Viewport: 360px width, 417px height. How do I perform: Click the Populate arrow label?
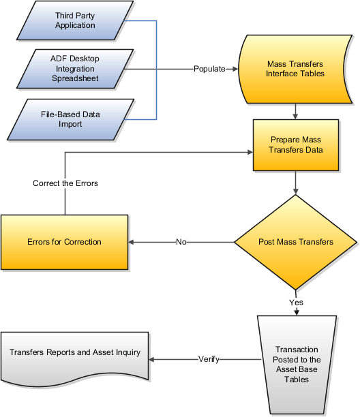[210, 69]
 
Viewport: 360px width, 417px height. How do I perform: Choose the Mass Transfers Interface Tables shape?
[295, 69]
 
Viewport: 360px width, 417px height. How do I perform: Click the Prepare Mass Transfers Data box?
[296, 144]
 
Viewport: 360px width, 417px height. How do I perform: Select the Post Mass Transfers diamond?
[296, 242]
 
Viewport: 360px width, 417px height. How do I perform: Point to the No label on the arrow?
[181, 242]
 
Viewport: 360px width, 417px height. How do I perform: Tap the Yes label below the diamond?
[296, 302]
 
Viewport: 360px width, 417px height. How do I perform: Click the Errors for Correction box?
[64, 242]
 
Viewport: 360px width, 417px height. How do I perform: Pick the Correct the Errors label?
[65, 183]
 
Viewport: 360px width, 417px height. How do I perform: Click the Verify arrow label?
[209, 359]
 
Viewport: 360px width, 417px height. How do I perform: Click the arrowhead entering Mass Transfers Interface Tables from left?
[234, 69]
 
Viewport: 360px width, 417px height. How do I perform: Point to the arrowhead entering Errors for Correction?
[132, 242]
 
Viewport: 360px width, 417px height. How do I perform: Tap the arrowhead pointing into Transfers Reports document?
[153, 359]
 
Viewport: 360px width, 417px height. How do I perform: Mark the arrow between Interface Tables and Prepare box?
[296, 111]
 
